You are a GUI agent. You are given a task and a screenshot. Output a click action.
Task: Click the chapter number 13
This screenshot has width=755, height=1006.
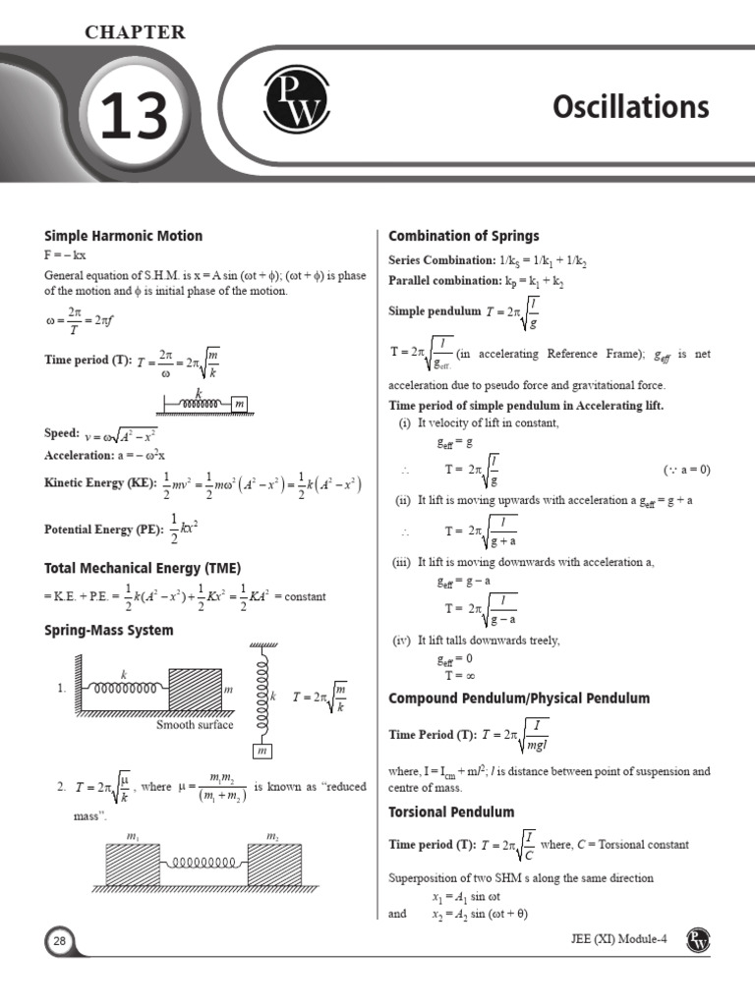coord(130,120)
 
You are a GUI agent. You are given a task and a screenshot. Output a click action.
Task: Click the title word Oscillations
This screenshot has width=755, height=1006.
coord(630,106)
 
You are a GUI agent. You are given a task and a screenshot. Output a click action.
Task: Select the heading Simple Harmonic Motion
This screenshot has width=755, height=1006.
coord(124,236)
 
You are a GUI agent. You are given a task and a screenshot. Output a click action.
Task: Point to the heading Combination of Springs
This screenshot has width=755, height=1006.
coord(464,236)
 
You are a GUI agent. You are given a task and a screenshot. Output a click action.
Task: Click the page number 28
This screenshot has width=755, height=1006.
coord(59,942)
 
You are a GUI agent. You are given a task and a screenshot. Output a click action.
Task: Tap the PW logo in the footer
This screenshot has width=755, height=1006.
coord(699,939)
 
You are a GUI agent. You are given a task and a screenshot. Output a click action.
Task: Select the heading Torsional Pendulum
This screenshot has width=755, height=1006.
coord(451,812)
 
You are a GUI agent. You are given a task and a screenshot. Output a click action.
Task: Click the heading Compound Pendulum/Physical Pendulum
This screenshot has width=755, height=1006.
coord(519,699)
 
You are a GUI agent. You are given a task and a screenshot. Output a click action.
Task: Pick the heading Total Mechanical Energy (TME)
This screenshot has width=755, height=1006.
coord(143,568)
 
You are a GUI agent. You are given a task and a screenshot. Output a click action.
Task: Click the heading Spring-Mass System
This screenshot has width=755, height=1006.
coord(109,630)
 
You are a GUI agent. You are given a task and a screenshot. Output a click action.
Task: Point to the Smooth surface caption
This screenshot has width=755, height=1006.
coord(195,725)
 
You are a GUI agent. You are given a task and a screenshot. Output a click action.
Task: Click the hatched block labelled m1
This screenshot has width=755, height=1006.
coord(133,865)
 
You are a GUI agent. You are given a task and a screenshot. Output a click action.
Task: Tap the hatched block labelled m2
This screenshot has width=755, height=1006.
coord(274,865)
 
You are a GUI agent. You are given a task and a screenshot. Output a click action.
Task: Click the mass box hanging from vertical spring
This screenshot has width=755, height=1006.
coord(262,752)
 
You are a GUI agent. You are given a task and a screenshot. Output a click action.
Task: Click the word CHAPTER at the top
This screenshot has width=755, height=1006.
coord(135,32)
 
